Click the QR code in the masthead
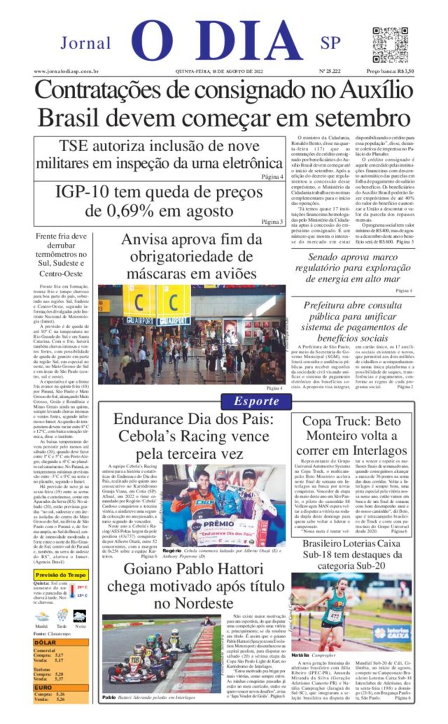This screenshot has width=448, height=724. click(x=390, y=45)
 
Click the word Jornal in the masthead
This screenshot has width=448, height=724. click(x=86, y=43)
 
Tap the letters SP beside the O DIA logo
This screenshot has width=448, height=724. click(x=330, y=43)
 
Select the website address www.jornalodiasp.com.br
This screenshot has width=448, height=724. click(x=66, y=71)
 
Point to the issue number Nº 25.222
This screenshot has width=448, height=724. click(x=330, y=71)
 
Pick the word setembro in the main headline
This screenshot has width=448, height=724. click(x=363, y=118)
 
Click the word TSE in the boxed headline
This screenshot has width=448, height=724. click(x=73, y=146)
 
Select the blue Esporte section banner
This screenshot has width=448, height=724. click(x=256, y=401)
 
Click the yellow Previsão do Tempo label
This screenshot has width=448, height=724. click(x=61, y=575)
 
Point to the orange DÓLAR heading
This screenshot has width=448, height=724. click(x=45, y=642)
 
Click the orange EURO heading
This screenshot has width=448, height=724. click(x=44, y=688)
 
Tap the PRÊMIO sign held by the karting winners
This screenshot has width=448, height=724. click(x=219, y=524)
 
